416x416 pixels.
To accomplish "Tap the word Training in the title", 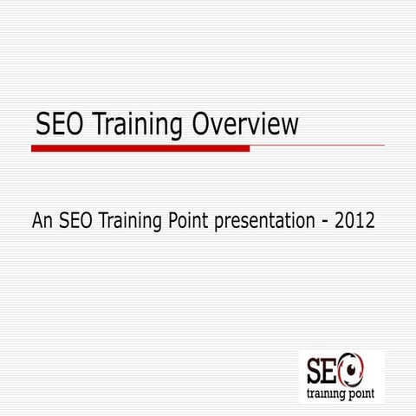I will click(139, 127).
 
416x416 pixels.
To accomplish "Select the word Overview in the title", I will click(245, 126).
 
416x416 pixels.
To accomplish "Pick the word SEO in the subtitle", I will click(78, 221).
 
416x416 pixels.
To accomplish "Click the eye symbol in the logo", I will click(354, 371).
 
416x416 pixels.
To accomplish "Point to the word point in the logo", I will click(365, 393).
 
